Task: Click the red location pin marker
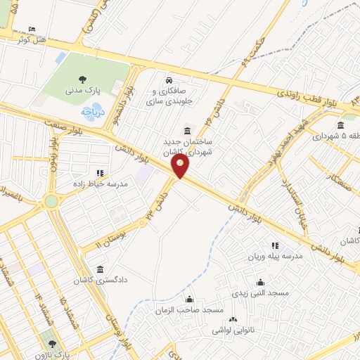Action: click(181, 166)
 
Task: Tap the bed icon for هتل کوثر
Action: click(30, 30)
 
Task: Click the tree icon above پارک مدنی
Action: click(84, 79)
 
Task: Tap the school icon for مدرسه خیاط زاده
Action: click(100, 172)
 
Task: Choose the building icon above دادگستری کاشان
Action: click(101, 269)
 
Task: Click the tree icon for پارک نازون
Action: click(51, 344)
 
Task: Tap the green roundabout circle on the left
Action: click(51, 202)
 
